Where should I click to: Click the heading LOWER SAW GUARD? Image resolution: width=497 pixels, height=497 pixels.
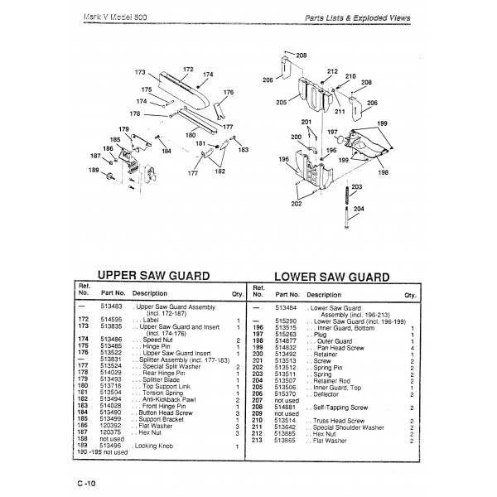point(333,276)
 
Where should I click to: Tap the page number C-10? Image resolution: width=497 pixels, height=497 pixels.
point(84,483)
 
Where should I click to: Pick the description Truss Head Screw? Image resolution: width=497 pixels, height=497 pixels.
point(338,421)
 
